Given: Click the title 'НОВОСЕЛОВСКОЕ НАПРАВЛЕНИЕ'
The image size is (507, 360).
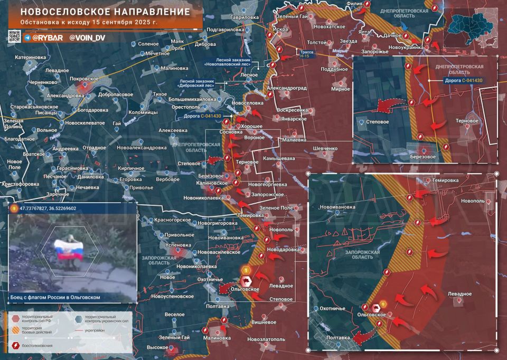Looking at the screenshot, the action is (105, 11).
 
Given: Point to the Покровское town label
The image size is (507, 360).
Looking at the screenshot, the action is (84, 78).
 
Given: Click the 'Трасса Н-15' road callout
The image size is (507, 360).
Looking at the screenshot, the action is (306, 54).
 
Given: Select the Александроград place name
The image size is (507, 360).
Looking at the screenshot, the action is (287, 88).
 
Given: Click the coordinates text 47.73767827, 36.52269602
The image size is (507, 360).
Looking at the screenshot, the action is (48, 209).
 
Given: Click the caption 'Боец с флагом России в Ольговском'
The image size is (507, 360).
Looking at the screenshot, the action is (55, 298).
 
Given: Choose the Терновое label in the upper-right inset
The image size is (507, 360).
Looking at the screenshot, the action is (467, 121).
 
